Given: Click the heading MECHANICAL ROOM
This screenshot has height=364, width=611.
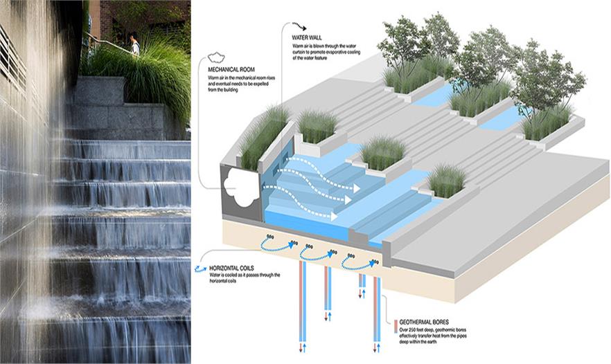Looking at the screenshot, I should click(x=229, y=69).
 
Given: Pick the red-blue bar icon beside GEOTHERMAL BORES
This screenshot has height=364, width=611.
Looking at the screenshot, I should click(x=395, y=324).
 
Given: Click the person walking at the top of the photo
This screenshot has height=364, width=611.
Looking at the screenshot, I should click(x=134, y=44).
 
